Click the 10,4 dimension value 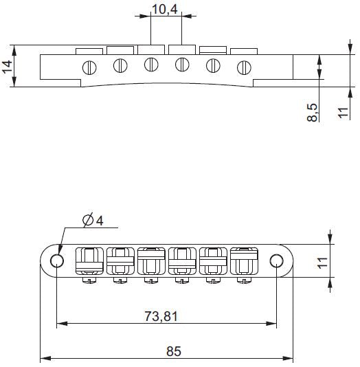tap(164, 10)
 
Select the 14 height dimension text tap(8, 67)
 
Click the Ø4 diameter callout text tap(92, 220)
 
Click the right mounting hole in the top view tap(276, 260)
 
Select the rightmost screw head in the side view tap(243, 67)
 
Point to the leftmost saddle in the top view tap(87, 260)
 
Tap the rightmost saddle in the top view tap(244, 260)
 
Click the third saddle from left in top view tap(150, 260)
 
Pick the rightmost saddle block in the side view tap(243, 51)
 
